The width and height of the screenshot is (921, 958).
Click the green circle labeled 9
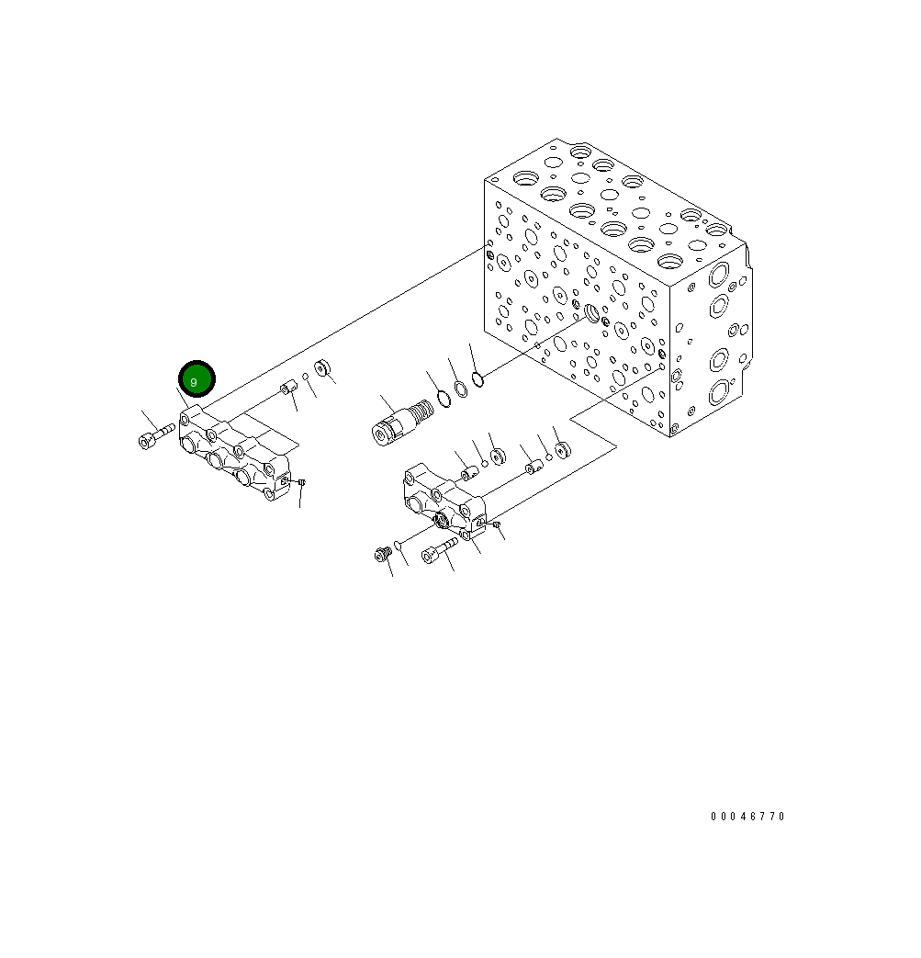(196, 379)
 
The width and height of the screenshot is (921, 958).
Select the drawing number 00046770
(747, 816)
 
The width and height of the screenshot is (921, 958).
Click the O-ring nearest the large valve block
(477, 378)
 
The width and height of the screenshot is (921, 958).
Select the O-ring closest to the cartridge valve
(443, 398)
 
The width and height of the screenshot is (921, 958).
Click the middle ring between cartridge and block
(461, 389)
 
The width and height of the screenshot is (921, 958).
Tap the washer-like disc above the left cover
(321, 368)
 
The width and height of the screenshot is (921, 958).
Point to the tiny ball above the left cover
(306, 377)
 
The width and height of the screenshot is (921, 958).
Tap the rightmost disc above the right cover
(562, 450)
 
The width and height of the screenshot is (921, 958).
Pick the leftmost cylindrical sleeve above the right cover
(466, 472)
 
